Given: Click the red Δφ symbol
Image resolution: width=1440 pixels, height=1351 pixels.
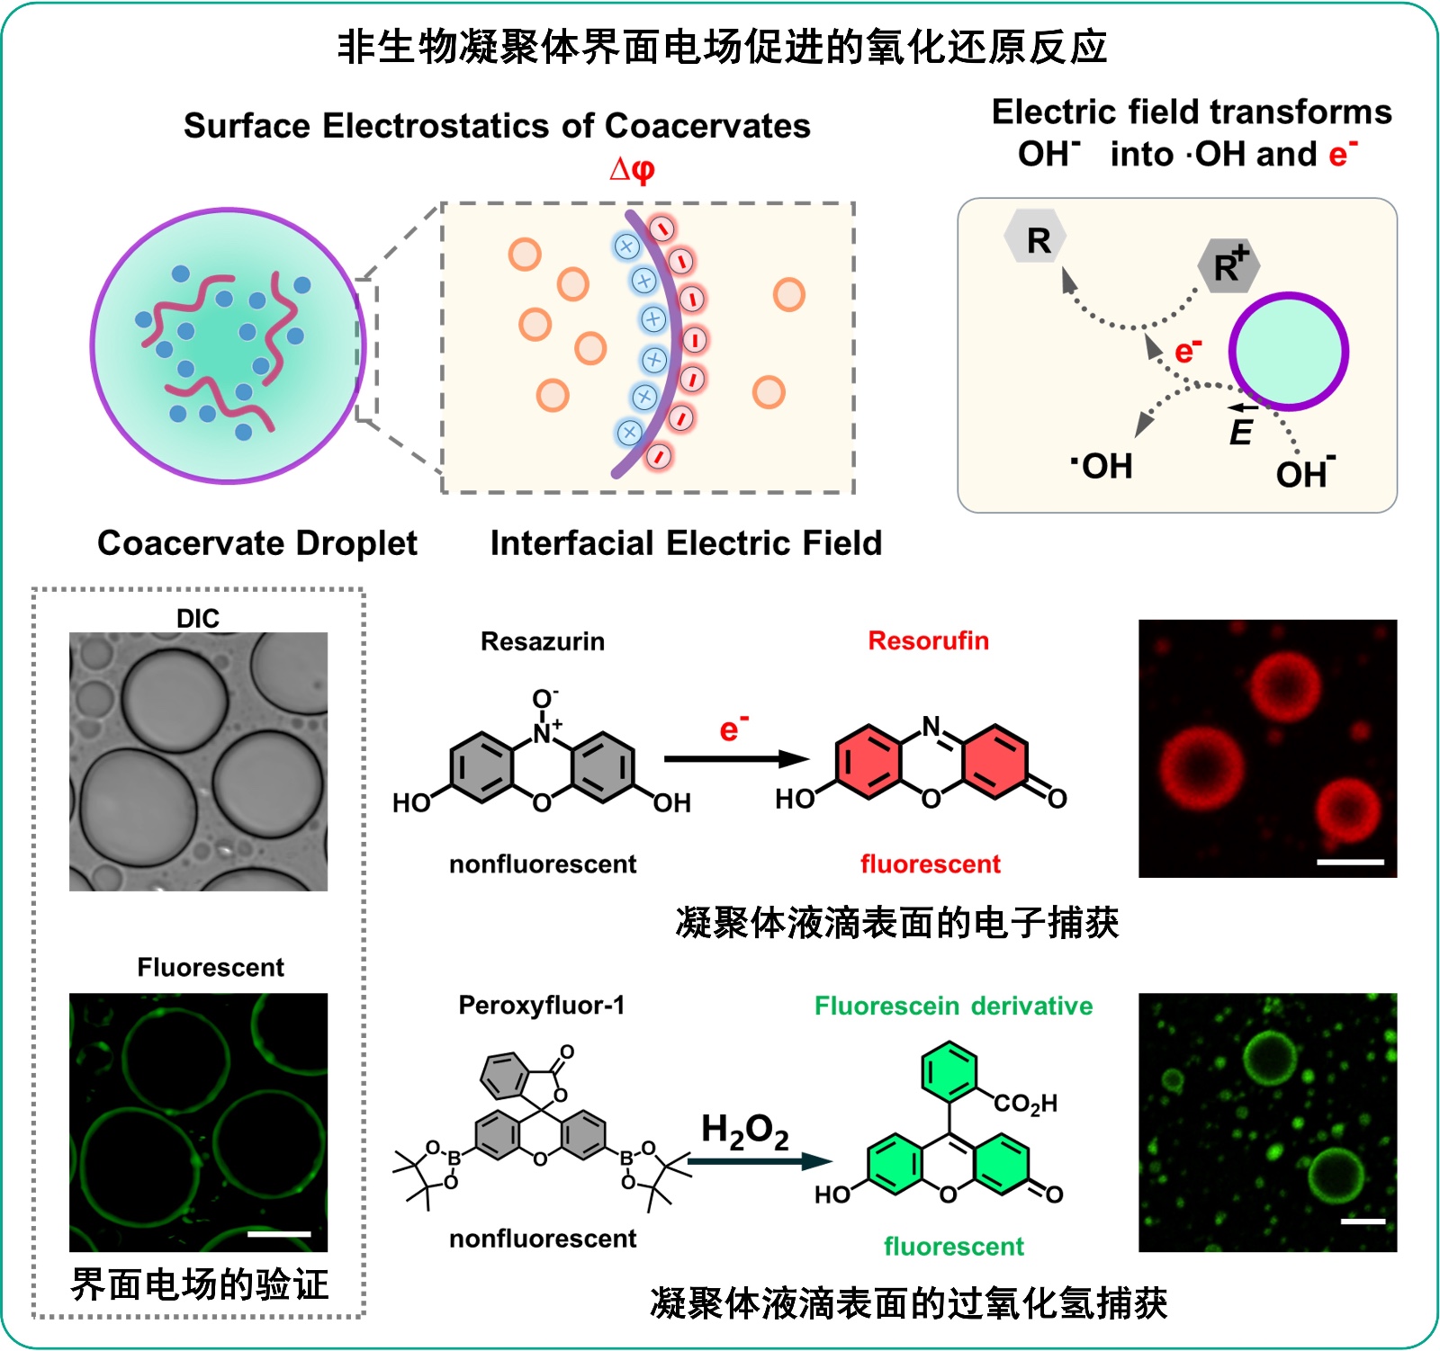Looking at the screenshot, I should tap(632, 169).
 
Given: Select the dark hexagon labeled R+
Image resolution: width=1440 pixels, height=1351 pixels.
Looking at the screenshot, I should tap(1228, 265).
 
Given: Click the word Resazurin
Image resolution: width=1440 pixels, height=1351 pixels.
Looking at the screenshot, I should tap(543, 641).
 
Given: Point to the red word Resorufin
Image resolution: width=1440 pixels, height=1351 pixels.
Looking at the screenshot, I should tap(928, 640).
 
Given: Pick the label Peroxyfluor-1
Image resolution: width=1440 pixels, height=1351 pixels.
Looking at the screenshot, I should tap(541, 1005).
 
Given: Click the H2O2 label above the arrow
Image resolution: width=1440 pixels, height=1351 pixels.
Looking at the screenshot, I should tap(744, 1132).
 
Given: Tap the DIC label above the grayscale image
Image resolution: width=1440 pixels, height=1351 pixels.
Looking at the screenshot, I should tap(198, 618).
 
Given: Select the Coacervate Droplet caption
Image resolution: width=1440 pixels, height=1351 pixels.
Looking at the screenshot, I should tap(257, 543).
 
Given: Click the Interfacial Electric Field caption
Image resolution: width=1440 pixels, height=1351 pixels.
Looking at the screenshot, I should tap(686, 543).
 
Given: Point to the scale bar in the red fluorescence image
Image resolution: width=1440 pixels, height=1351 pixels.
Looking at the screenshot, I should tap(1350, 862).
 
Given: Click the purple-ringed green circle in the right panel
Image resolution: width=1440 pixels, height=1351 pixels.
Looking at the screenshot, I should tap(1289, 352).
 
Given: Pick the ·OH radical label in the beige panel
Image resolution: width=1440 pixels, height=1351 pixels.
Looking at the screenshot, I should tap(1102, 466).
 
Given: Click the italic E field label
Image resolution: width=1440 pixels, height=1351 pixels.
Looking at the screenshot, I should tap(1241, 431).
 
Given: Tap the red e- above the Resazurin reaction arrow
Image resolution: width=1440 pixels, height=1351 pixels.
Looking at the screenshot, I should tap(733, 728).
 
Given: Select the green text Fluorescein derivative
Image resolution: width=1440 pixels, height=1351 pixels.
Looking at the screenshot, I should tap(953, 1006).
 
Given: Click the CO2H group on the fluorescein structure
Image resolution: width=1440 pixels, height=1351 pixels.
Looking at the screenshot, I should tap(1026, 1103).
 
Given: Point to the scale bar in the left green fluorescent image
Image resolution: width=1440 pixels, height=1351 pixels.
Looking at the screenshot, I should tap(279, 1234).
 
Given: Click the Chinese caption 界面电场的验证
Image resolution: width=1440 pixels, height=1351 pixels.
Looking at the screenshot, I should tap(200, 1284).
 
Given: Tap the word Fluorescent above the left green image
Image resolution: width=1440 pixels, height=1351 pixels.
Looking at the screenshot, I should tap(211, 967).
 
